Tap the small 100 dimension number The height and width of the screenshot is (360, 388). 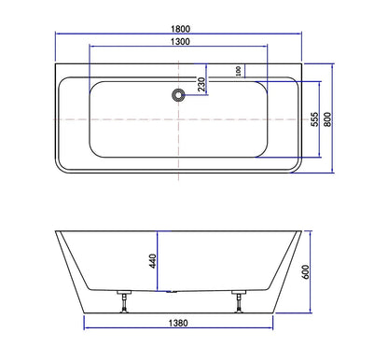(239, 71)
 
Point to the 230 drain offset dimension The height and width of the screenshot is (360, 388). (201, 84)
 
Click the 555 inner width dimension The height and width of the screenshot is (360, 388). (317, 119)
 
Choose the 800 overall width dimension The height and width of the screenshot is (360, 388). (327, 119)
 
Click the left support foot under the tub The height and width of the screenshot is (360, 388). (121, 305)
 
